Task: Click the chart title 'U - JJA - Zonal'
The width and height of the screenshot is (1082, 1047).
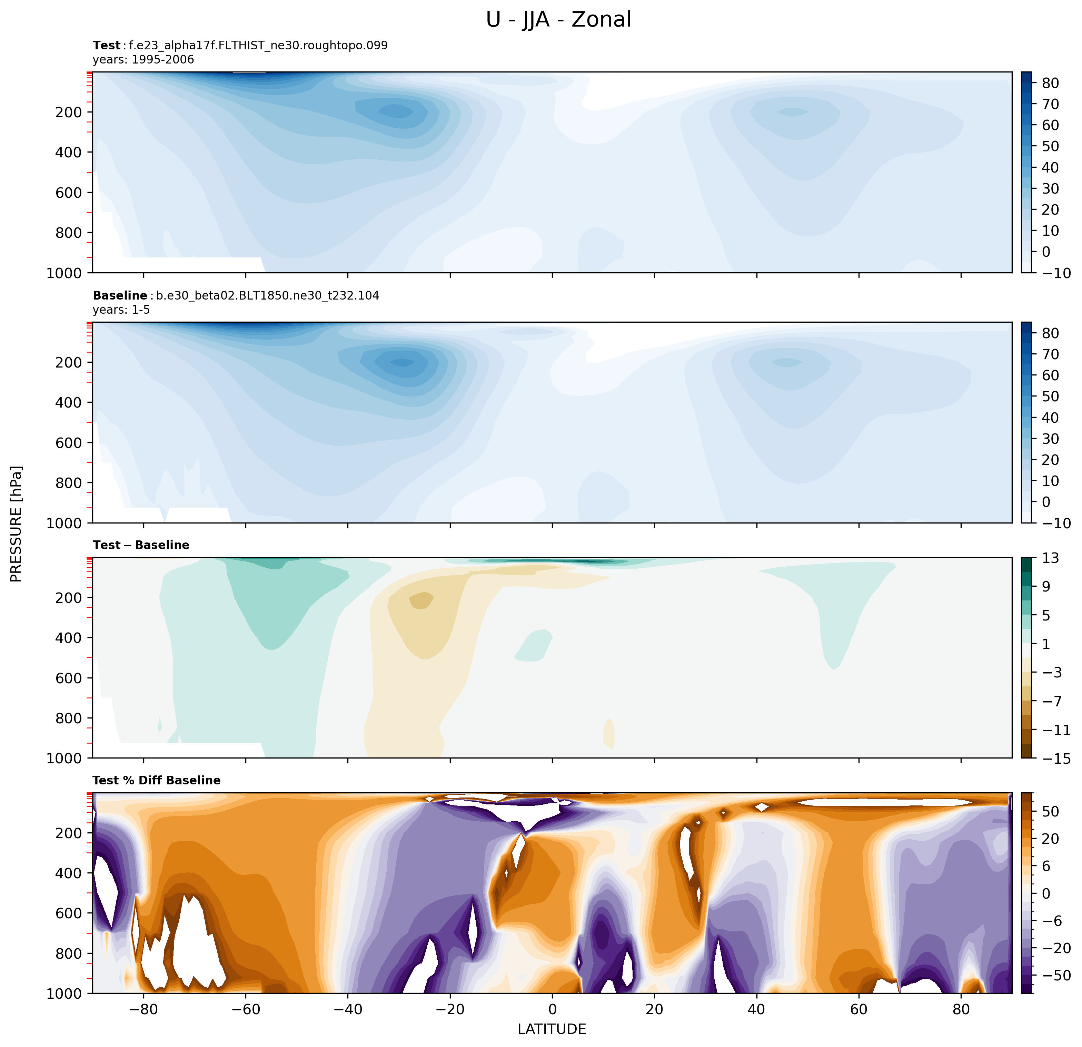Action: (558, 20)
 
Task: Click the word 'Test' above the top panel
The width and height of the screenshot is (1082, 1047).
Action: (107, 45)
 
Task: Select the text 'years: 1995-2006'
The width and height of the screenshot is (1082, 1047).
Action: (143, 60)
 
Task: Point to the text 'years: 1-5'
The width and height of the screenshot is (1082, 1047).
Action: (121, 310)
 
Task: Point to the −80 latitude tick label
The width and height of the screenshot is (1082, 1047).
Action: (143, 1009)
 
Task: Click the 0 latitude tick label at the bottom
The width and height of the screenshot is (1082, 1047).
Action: (552, 1009)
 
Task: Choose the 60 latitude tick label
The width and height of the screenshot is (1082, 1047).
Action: (858, 1009)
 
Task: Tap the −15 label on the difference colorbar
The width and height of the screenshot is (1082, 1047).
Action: (1056, 759)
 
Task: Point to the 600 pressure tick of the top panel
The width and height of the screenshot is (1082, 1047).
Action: (68, 193)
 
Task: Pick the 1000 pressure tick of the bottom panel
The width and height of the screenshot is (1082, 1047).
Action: (64, 994)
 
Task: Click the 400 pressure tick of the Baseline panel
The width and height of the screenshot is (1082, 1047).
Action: (68, 403)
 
